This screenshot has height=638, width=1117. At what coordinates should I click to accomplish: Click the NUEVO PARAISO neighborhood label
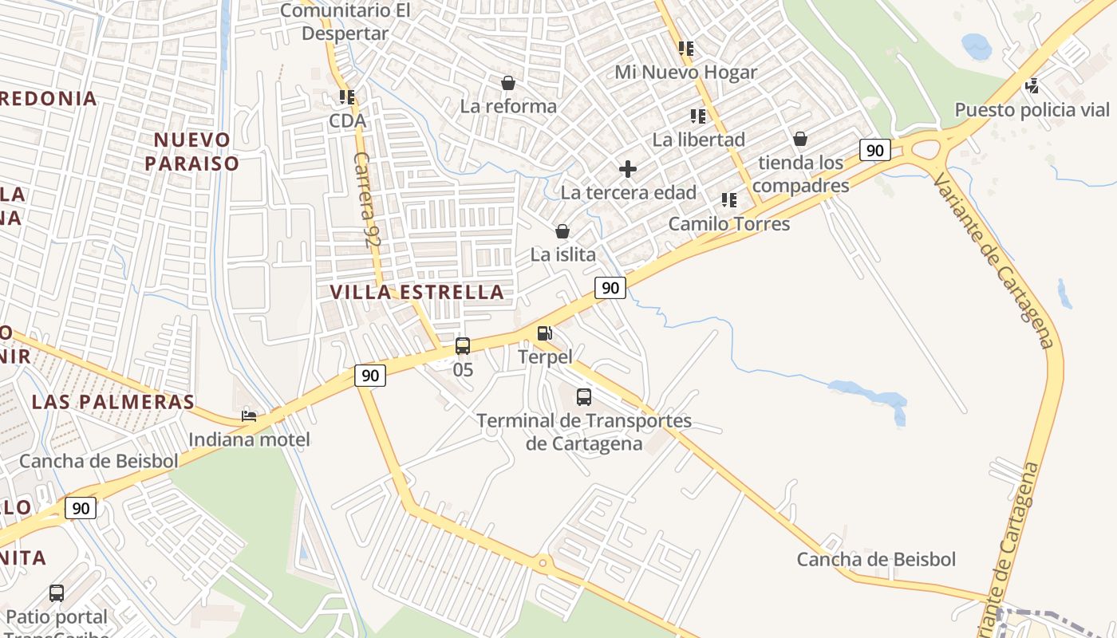coord(196,152)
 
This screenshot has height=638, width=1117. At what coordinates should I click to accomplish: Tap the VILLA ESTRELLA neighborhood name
coord(417,292)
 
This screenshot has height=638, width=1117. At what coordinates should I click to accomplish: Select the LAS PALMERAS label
coord(113,402)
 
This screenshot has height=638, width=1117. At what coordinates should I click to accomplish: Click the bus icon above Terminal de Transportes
coord(584,396)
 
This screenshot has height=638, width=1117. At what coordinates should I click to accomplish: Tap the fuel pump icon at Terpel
coord(545,333)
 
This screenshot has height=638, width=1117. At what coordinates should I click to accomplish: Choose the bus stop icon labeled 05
coord(463,346)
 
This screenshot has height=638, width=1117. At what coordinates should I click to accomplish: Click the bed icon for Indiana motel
coord(249,415)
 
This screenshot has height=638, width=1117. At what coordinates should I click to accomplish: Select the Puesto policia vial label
coord(1032,109)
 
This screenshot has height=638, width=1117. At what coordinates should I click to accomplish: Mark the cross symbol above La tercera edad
coord(628,169)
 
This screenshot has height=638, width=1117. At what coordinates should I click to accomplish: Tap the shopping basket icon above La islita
coord(562,231)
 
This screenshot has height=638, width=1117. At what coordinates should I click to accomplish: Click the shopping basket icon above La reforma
coord(508,83)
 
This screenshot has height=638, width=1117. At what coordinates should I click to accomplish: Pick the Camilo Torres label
coord(729,224)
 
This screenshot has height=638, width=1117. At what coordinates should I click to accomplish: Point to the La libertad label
coord(699,140)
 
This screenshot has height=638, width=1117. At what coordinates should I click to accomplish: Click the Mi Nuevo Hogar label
coord(686,73)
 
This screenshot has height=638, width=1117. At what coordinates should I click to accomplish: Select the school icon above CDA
coord(347,97)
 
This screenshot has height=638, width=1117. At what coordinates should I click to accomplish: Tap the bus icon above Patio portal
coord(57,593)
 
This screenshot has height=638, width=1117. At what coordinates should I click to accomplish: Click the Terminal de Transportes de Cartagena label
coord(584,431)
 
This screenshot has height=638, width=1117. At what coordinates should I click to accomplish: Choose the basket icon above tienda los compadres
coord(800,140)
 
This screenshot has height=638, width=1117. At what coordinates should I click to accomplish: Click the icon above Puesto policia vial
coord(1032,85)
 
